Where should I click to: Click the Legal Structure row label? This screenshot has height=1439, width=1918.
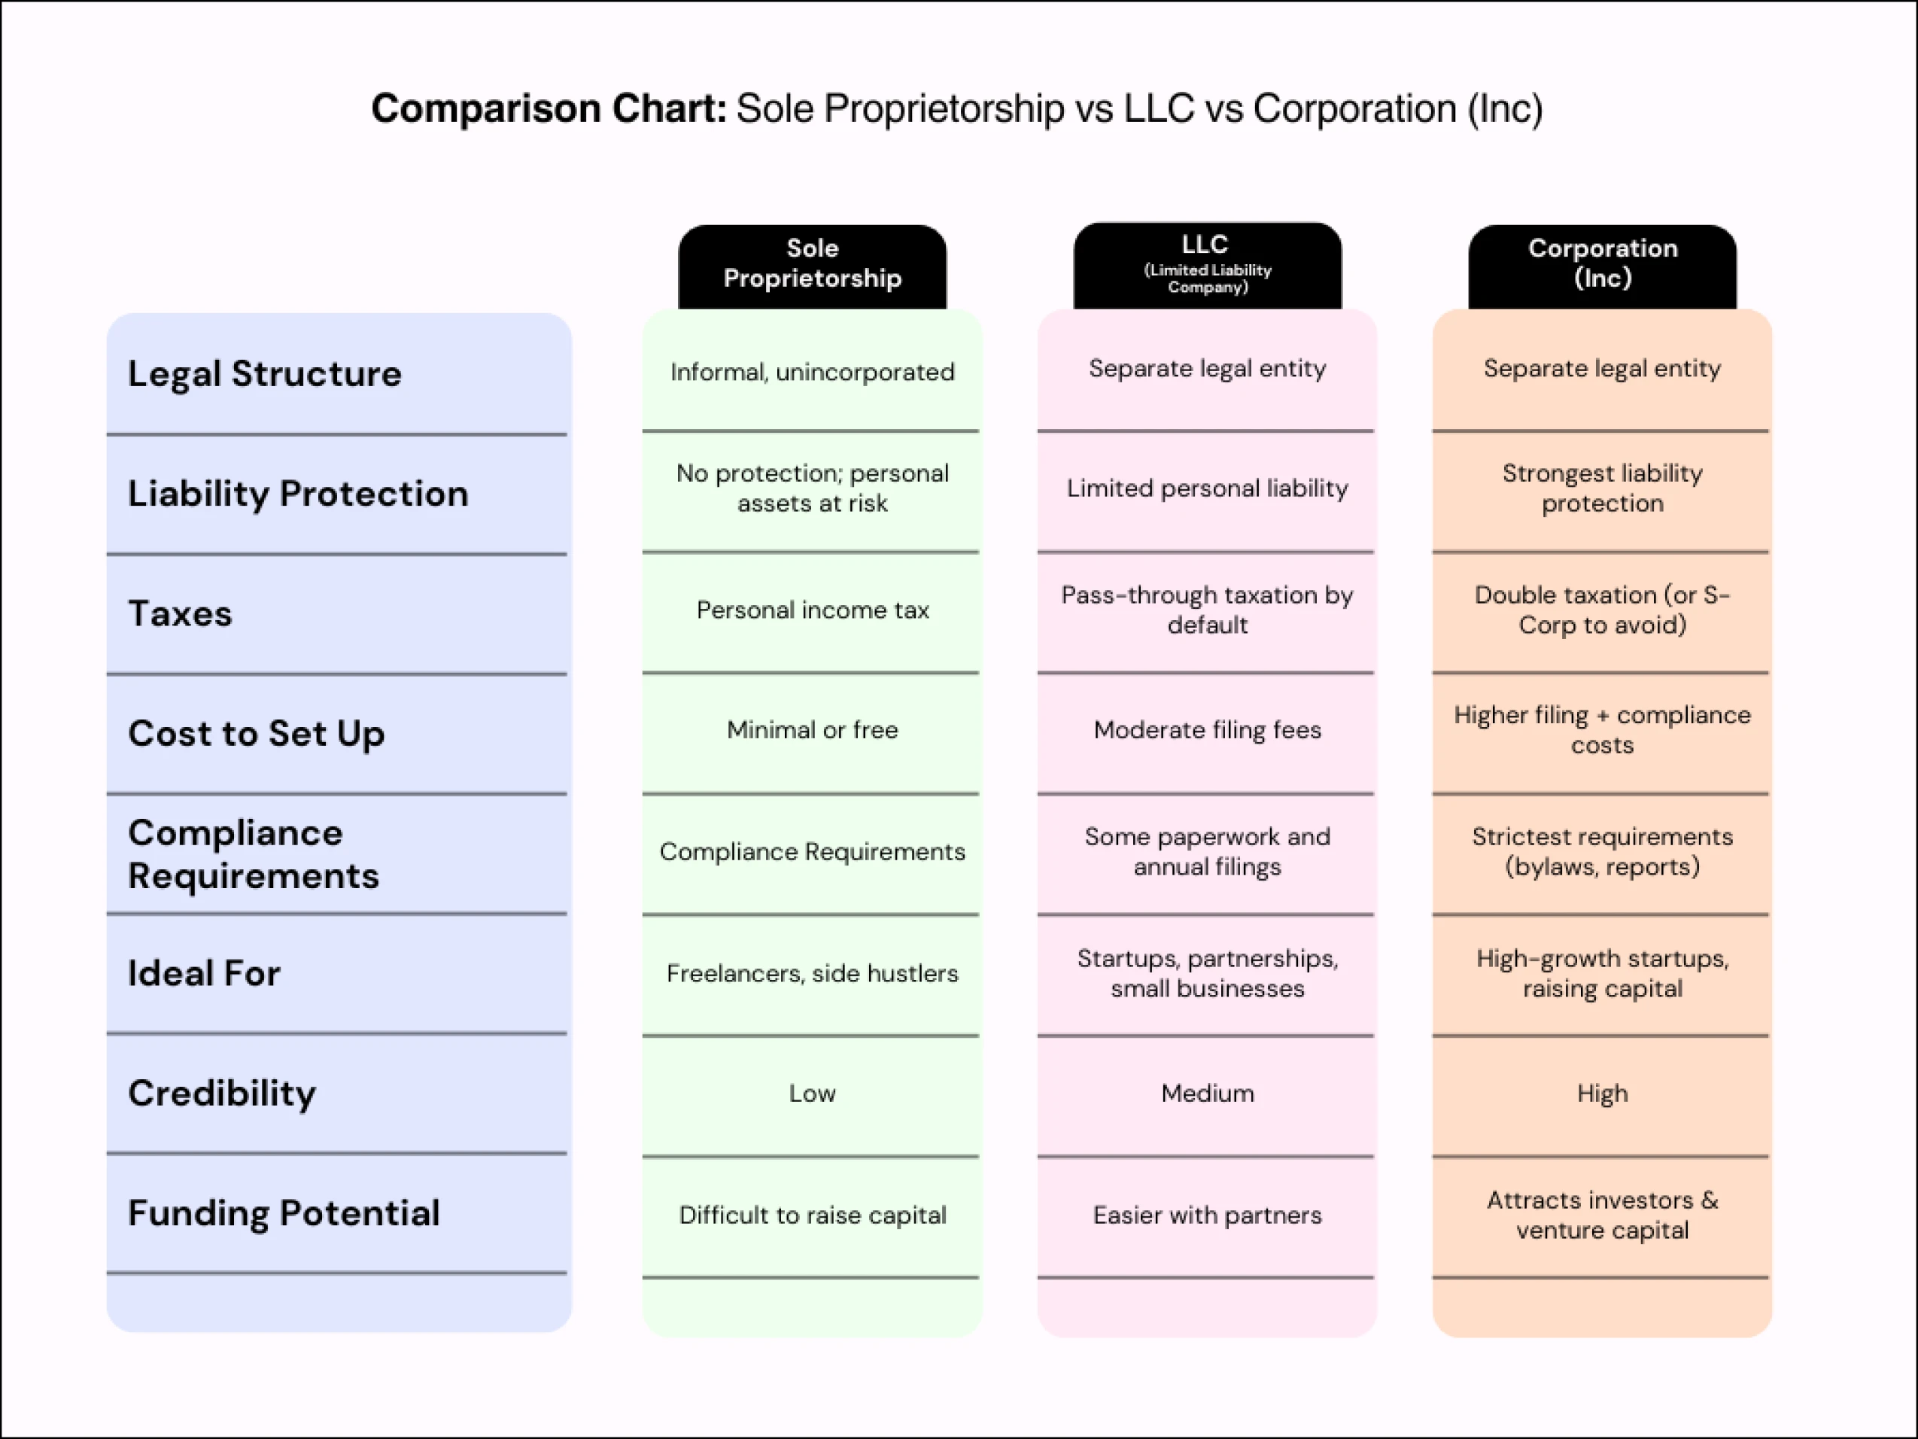coord(264,374)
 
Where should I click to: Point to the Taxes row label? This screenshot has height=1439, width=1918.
coord(181,613)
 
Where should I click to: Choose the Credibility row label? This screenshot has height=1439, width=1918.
coord(222,1093)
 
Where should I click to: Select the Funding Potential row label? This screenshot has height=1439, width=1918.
coord(284,1212)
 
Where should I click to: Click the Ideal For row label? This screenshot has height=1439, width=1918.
coord(204,973)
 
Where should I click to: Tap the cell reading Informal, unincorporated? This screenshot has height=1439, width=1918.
coord(812,372)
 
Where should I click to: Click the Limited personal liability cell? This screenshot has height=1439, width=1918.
coord(1207,488)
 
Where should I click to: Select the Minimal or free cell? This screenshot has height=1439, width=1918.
coord(812,730)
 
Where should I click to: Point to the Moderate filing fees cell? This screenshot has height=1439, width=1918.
coord(1207,730)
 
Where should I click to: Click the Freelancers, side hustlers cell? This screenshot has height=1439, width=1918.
coord(812,973)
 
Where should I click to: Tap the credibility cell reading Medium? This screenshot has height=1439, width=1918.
coord(1207,1093)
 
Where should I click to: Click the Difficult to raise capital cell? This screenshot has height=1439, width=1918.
coord(812,1215)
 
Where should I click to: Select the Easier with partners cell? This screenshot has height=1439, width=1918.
coord(1207,1215)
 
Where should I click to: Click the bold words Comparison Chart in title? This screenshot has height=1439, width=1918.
coord(548,109)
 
